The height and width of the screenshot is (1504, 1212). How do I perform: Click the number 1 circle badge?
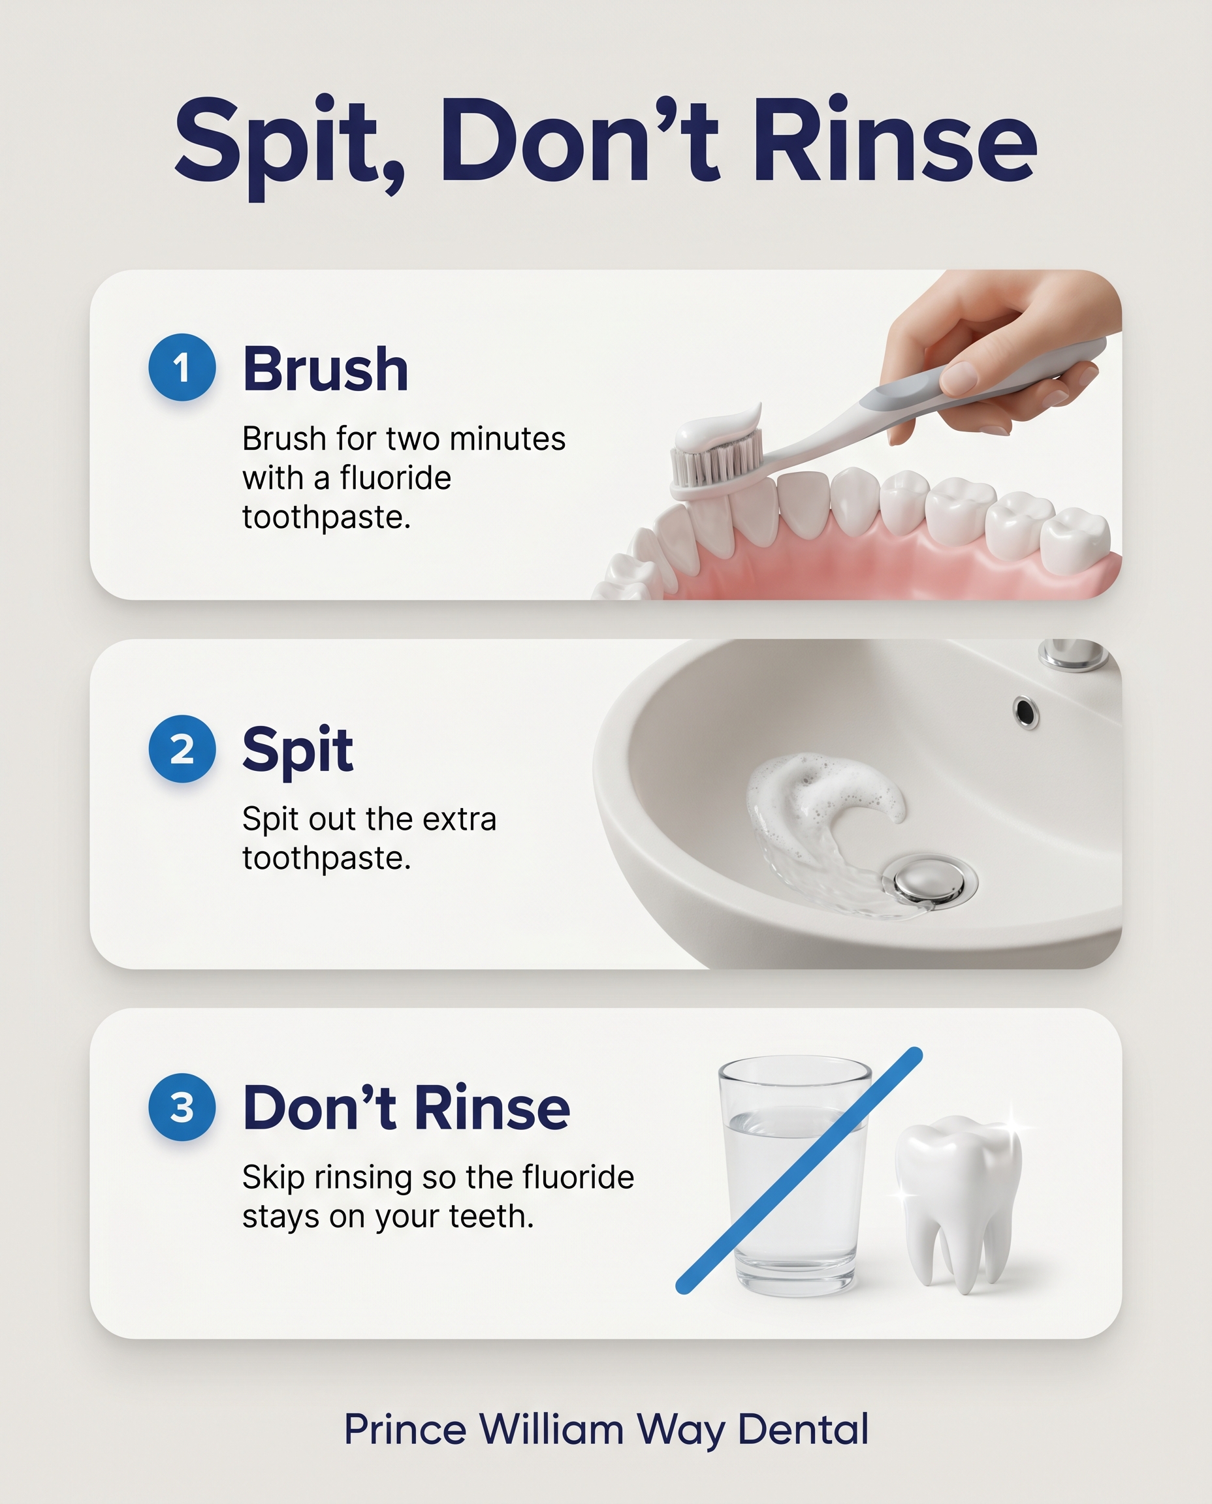point(182,367)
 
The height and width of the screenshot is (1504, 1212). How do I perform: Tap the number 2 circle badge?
point(182,748)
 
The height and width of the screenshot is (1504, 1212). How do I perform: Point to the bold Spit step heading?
point(298,751)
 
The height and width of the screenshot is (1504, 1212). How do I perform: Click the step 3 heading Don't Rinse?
point(406,1108)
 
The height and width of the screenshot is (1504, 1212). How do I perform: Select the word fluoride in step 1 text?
point(395,478)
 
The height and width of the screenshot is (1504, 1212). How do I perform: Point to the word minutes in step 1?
point(507,439)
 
